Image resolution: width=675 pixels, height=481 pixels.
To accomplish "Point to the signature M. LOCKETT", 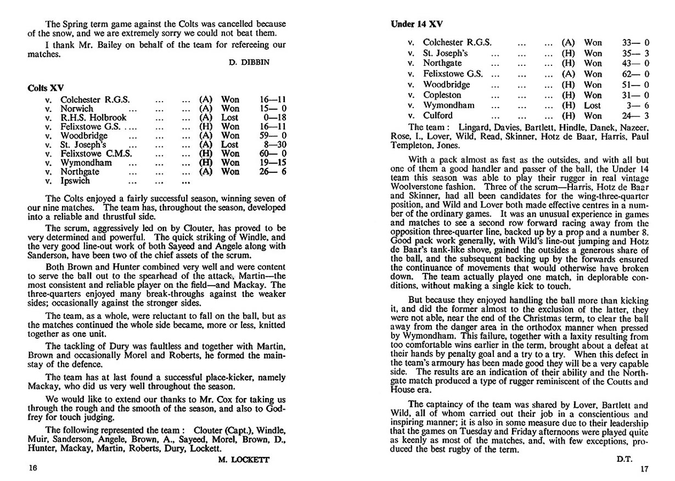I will [x=240, y=460].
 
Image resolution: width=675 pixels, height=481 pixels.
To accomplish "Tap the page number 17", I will [x=644, y=469].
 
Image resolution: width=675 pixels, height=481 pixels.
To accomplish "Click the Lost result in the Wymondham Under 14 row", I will [x=593, y=105].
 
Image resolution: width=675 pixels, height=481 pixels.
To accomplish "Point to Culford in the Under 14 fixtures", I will [x=438, y=115].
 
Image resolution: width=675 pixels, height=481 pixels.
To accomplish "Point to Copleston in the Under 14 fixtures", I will [x=442, y=94].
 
